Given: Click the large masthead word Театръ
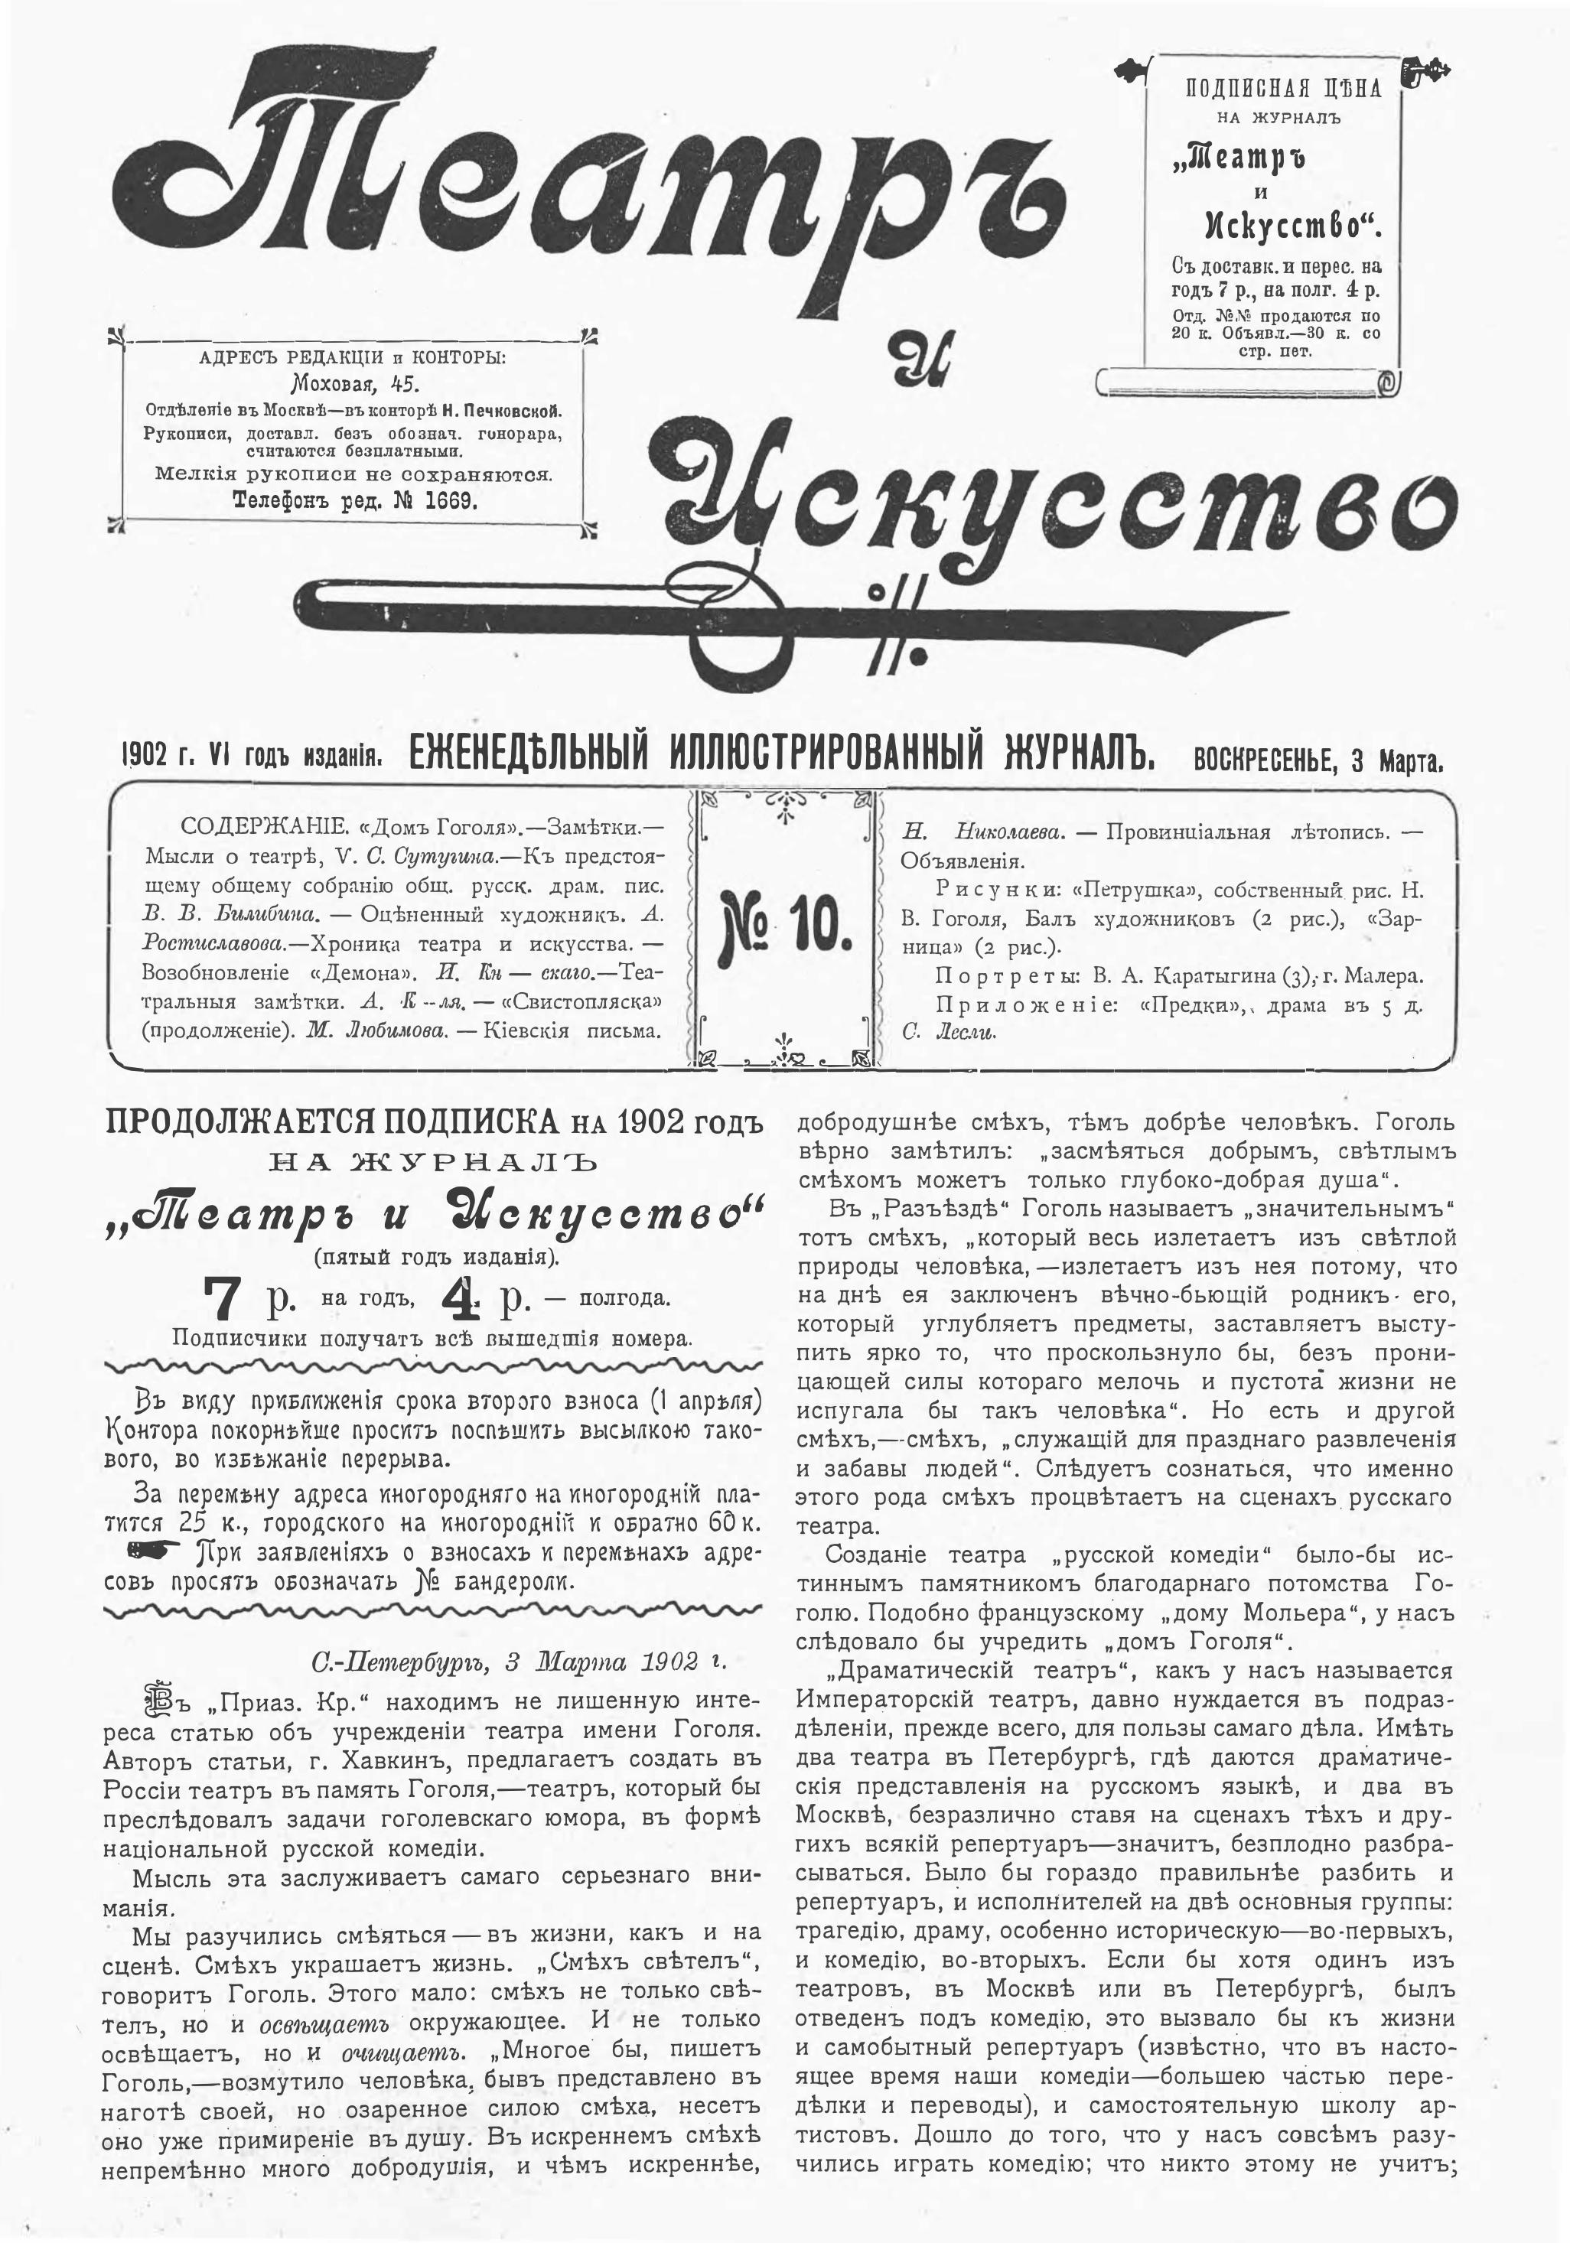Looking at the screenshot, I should (x=586, y=186).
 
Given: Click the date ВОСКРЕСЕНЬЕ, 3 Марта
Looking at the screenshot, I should (x=1318, y=761).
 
